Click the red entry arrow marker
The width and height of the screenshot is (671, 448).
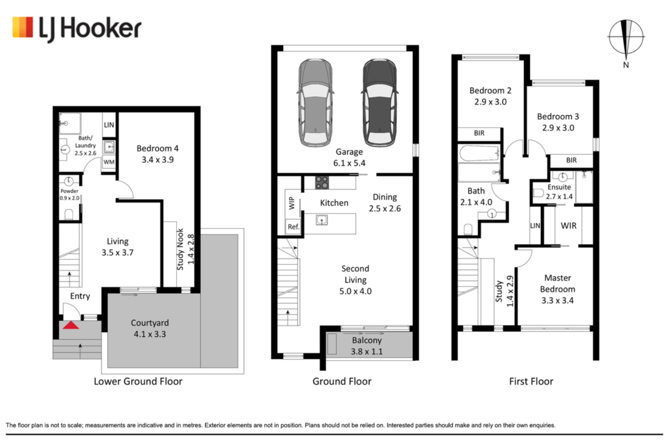click(71, 325)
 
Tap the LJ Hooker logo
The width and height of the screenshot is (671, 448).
click(77, 29)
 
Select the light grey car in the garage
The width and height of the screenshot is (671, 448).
click(315, 103)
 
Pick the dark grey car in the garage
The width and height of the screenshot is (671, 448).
click(380, 103)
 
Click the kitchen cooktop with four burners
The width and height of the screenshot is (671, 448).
click(322, 182)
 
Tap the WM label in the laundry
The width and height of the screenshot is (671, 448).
click(109, 162)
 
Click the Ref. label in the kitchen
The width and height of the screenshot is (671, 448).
click(294, 227)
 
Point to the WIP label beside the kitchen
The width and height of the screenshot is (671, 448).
click(292, 203)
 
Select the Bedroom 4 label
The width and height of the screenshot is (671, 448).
click(158, 148)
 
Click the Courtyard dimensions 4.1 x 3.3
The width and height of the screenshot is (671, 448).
click(150, 334)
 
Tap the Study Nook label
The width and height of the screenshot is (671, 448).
click(180, 249)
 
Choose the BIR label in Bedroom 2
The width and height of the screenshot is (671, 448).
click(479, 133)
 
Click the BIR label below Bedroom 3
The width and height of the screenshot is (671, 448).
click(571, 160)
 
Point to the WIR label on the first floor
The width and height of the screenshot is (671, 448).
click(569, 226)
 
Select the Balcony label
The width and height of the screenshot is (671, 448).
click(367, 340)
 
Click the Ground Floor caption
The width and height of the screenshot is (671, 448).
click(342, 381)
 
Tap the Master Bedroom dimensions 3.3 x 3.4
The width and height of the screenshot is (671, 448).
click(557, 300)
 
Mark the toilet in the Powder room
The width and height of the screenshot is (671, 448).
click(69, 215)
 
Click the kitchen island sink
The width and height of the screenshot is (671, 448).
click(322, 220)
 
